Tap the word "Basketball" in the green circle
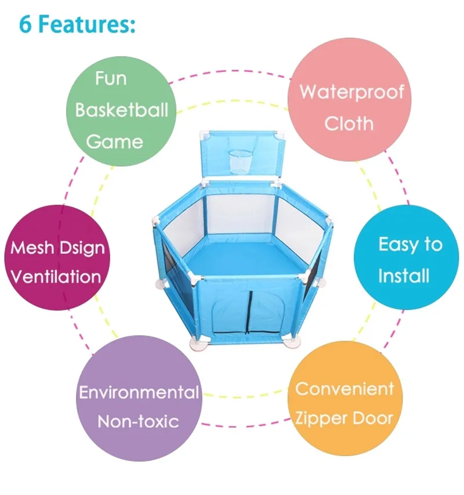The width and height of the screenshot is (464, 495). pyautogui.click(x=121, y=110)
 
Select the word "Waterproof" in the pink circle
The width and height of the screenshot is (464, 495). pyautogui.click(x=351, y=92)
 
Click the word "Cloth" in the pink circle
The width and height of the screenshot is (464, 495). pyautogui.click(x=349, y=123)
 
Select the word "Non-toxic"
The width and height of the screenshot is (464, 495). pyautogui.click(x=138, y=421)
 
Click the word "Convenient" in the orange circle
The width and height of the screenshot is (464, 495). pyautogui.click(x=344, y=388)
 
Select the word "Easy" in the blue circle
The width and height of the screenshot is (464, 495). pyautogui.click(x=393, y=244)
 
